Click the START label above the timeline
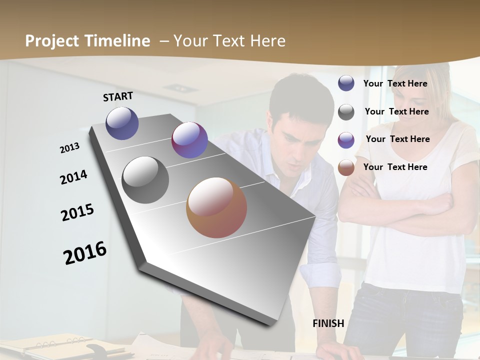118,96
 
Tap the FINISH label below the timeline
328,323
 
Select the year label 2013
69,148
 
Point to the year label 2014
73,177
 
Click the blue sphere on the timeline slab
122,123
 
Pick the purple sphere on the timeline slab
189,140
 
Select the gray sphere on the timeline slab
145,180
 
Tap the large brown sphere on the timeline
216,207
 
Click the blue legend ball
346,83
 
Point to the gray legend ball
346,112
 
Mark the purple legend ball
346,140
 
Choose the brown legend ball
346,167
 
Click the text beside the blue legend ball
395,83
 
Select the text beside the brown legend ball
395,167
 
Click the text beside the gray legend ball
396,111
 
